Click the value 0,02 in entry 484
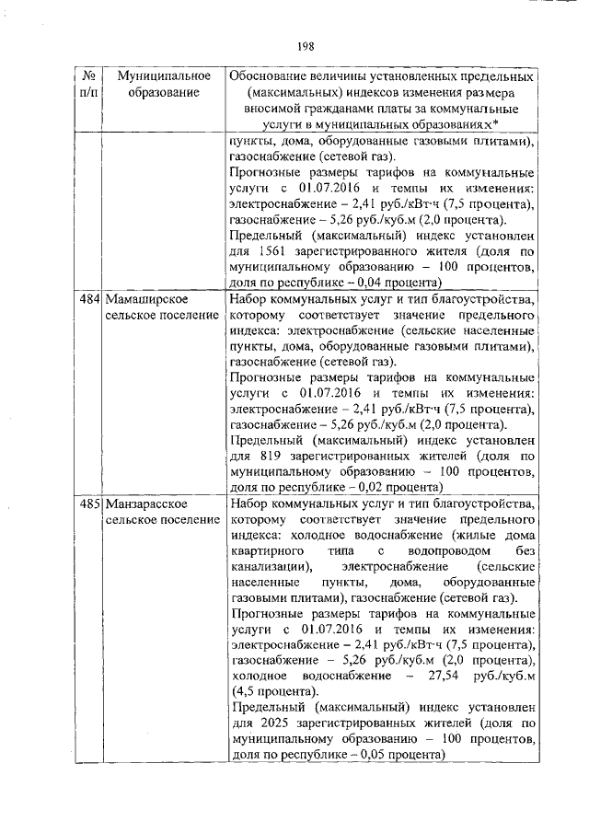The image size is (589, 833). coord(364,487)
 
